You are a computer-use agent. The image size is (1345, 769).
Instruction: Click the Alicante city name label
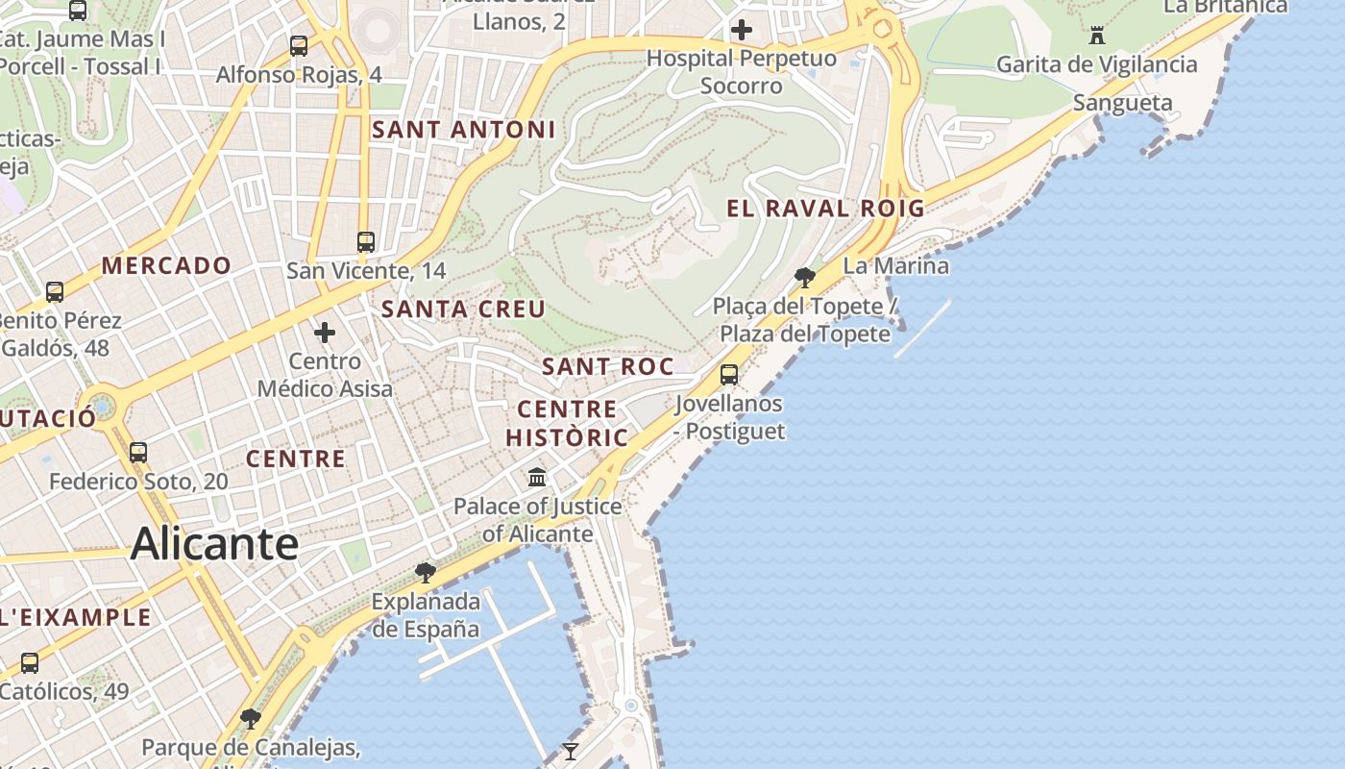214,544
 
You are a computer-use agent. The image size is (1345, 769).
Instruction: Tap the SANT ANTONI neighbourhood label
464,130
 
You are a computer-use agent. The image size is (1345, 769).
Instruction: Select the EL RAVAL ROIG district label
825,209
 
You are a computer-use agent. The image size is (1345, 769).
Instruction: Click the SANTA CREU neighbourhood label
463,310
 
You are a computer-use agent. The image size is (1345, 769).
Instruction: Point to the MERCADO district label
166,266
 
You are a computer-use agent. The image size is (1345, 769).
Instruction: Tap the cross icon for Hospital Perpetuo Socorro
742,30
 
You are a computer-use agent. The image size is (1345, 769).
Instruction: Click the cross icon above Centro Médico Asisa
325,333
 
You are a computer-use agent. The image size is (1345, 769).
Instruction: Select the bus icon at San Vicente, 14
366,241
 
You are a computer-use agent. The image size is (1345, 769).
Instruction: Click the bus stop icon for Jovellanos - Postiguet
729,375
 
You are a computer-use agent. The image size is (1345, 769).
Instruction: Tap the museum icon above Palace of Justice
537,477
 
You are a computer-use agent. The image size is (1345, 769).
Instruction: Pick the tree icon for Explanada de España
425,573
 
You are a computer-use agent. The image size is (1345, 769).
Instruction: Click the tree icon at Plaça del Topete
805,278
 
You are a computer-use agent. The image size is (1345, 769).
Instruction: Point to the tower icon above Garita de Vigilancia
1096,37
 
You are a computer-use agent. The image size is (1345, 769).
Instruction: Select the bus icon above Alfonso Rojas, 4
299,45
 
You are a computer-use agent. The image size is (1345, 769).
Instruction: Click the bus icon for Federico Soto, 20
138,452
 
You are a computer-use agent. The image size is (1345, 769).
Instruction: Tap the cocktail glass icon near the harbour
571,751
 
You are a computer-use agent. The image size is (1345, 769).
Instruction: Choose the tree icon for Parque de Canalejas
251,718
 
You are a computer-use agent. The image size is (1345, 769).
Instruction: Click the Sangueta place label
1122,103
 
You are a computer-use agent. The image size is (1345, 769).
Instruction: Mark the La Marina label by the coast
895,266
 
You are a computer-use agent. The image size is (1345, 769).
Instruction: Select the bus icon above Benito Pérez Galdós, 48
55,291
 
